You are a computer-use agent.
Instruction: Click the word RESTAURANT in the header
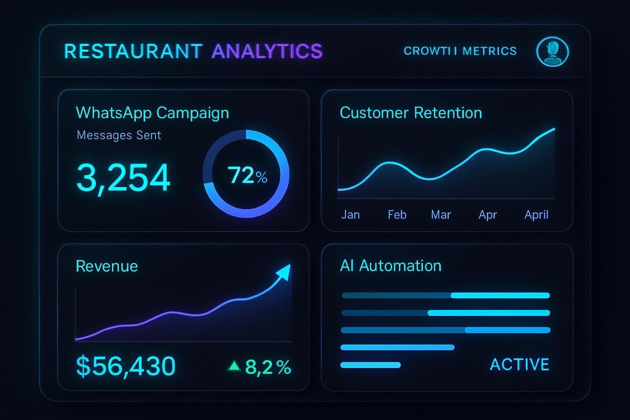(133, 51)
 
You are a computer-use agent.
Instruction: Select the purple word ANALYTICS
(267, 51)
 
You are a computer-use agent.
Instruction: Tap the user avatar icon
(552, 51)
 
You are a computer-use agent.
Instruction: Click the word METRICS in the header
(489, 51)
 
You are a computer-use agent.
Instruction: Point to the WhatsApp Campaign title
(152, 113)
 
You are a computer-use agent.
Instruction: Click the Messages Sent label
(119, 135)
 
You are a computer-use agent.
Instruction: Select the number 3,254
(123, 178)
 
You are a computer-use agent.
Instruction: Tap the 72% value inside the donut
(247, 176)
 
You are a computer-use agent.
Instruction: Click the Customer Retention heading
(411, 113)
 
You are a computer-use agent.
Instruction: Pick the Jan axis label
(350, 215)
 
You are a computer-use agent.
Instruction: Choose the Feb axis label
(397, 215)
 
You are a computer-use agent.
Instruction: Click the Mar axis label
(441, 215)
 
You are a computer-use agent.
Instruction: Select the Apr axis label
(488, 215)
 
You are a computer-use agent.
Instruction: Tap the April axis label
(536, 215)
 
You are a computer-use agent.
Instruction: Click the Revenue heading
(107, 266)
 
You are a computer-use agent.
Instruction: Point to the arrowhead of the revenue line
(284, 271)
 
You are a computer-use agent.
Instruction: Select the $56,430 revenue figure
(126, 366)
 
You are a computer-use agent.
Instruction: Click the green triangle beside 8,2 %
(234, 365)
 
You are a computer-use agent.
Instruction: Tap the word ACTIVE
(519, 364)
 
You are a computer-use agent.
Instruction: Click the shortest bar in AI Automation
(370, 365)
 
